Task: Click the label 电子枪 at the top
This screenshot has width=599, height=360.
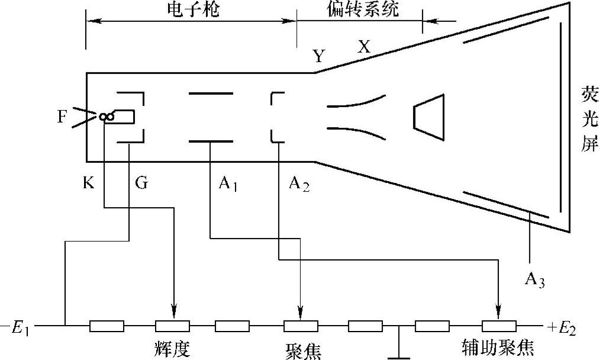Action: pos(191,9)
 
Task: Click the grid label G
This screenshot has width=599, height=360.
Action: pos(141,184)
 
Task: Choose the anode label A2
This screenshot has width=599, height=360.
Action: pos(299,185)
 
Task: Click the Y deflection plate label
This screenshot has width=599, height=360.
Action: pos(320,56)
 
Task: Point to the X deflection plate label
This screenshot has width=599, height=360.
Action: pos(363,48)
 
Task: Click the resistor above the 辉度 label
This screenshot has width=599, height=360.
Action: pos(172,326)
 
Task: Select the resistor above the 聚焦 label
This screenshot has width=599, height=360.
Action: pos(301,326)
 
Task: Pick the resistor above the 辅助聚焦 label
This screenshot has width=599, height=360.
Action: pos(498,326)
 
